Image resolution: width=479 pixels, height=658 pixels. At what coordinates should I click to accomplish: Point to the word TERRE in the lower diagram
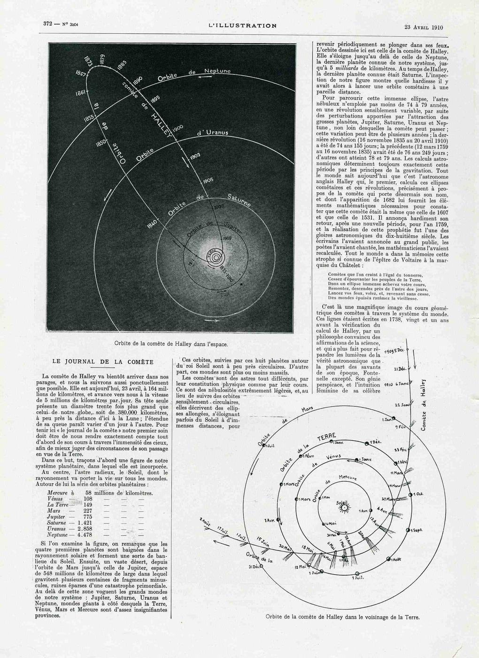[327, 438]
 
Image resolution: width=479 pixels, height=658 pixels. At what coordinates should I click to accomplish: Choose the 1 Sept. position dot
[409, 530]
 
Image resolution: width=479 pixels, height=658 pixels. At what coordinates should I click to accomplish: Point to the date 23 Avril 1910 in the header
[424, 27]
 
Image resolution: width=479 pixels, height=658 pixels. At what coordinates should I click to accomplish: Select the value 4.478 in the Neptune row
[85, 534]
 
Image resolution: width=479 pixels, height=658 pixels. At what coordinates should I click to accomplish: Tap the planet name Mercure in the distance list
[58, 493]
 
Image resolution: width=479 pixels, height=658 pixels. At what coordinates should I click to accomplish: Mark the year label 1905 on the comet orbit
[208, 180]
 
